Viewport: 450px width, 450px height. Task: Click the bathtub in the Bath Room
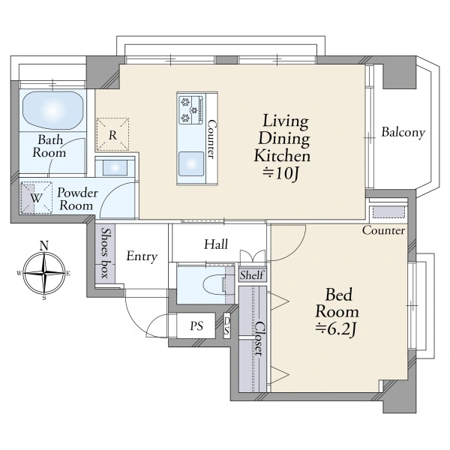(x=53, y=110)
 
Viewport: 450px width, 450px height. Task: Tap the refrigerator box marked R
(x=112, y=134)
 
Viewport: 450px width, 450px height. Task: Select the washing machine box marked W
(x=36, y=198)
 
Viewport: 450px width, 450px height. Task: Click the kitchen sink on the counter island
(x=191, y=164)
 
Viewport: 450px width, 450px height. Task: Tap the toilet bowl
(x=214, y=285)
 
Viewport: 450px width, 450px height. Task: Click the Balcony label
(x=403, y=132)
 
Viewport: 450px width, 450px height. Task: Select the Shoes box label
(x=105, y=253)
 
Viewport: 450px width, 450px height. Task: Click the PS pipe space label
(x=196, y=326)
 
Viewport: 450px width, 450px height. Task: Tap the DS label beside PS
(x=226, y=325)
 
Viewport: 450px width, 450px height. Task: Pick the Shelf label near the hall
(x=252, y=275)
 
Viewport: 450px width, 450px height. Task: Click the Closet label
(x=259, y=339)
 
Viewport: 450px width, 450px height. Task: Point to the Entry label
(x=142, y=256)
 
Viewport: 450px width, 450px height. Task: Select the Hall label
(x=216, y=244)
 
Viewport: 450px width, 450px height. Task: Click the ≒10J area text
(x=281, y=173)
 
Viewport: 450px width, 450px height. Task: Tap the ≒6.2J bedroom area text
(x=336, y=329)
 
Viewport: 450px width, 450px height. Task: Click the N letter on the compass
(x=43, y=246)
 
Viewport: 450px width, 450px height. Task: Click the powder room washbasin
(x=115, y=167)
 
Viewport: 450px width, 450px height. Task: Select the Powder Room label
(x=76, y=199)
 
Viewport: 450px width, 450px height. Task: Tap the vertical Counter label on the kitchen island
(x=211, y=139)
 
